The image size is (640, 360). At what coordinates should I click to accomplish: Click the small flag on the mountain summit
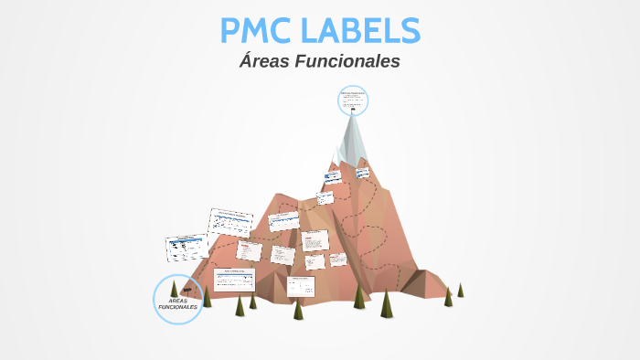tap(353, 111)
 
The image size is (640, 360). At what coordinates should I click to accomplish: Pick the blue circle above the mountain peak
tap(353, 100)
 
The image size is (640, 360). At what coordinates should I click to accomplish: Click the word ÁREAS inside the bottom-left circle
tap(177, 301)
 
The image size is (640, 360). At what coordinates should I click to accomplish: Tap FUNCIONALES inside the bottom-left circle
tap(177, 308)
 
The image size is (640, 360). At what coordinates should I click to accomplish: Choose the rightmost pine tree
tap(460, 290)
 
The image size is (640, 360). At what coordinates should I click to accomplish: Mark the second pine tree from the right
tap(448, 297)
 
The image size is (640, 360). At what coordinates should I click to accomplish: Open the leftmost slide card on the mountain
tap(186, 247)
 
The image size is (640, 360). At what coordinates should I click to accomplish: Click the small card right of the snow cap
tap(362, 172)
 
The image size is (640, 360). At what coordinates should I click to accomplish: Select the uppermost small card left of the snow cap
tap(333, 175)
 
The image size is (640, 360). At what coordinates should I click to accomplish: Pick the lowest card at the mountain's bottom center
tap(301, 285)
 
